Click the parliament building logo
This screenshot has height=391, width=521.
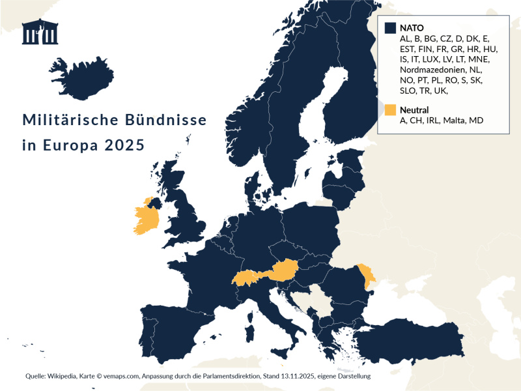tap(40, 32)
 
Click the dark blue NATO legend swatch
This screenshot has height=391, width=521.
tap(390, 28)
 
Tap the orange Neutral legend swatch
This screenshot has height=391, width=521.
tap(390, 109)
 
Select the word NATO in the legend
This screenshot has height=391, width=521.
tap(412, 28)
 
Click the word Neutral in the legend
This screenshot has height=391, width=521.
tap(414, 109)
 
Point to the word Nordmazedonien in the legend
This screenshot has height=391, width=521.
tap(432, 69)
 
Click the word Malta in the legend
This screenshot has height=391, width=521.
tap(455, 121)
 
